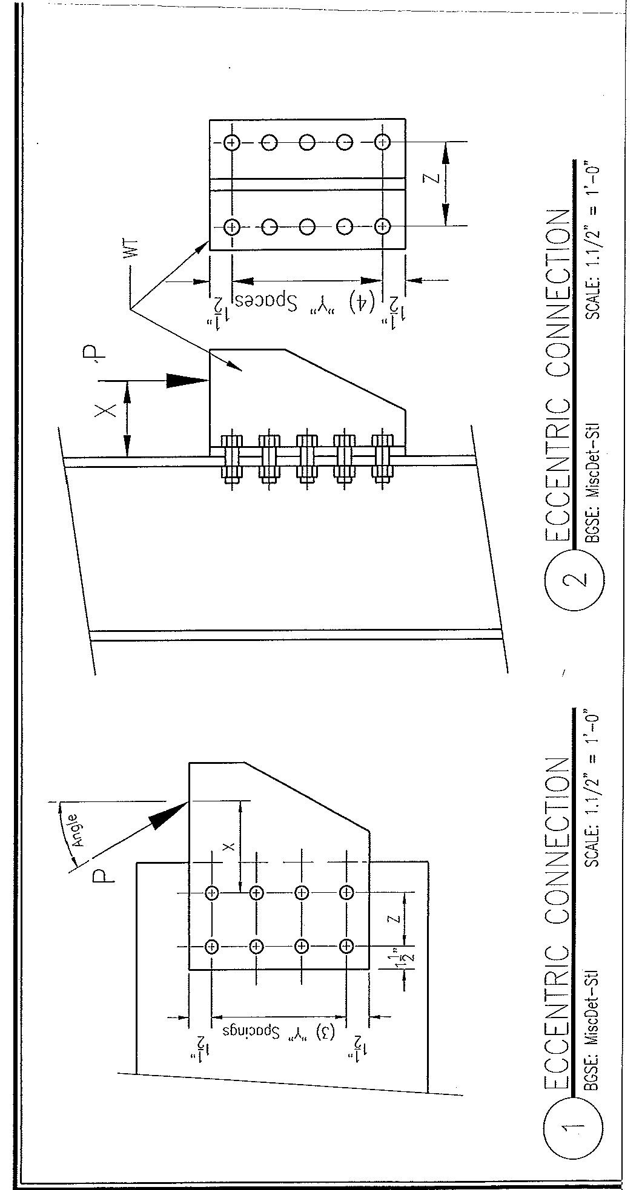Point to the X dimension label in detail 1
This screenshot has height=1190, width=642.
pos(228,846)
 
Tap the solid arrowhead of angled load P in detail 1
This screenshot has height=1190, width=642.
pos(167,814)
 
